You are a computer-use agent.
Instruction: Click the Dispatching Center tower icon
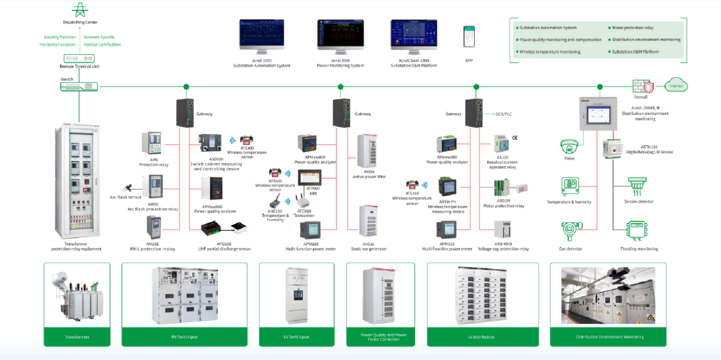(x=78, y=10)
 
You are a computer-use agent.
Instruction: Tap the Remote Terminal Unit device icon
(x=79, y=59)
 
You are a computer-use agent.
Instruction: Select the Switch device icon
(x=79, y=86)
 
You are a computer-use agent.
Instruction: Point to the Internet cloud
(x=676, y=86)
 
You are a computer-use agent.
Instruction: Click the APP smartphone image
(x=469, y=37)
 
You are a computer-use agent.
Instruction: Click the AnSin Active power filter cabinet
(x=366, y=152)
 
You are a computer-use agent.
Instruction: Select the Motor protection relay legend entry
(x=632, y=27)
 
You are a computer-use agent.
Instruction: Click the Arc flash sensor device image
(x=131, y=188)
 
